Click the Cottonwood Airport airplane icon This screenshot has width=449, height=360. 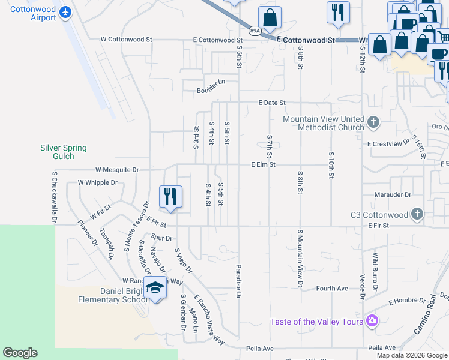(65, 13)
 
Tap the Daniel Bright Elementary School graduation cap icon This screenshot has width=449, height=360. (155, 288)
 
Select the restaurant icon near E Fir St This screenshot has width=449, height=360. (170, 196)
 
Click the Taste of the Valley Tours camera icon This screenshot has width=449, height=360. (372, 321)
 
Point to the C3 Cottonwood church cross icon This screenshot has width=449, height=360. (417, 214)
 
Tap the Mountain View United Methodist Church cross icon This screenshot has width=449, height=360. (373, 122)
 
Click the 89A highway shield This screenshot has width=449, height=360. (254, 30)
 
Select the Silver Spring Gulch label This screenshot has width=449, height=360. (63, 152)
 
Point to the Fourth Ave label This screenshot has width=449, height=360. (332, 289)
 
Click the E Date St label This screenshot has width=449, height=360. (272, 103)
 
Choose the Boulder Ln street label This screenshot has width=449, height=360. (210, 91)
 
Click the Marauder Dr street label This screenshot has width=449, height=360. (391, 194)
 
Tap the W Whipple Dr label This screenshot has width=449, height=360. (97, 182)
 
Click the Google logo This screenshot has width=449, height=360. (20, 353)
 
